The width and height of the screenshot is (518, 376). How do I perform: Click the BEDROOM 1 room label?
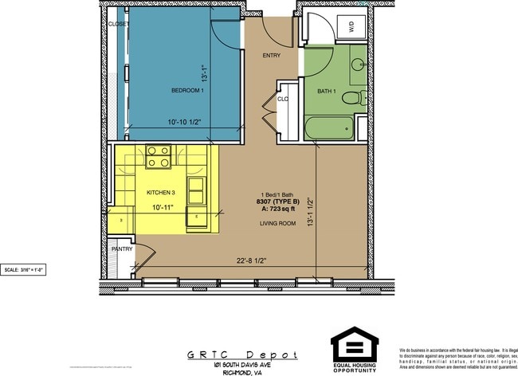point(188,91)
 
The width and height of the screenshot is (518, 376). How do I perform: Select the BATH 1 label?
point(327,92)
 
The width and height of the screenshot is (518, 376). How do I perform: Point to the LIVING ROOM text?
point(278,224)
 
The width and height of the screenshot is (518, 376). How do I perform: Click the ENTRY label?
point(271,56)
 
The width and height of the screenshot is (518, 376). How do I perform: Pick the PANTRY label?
point(121,249)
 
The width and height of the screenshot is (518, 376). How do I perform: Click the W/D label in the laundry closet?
point(350,26)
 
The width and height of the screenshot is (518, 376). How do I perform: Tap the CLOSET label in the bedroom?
point(119,24)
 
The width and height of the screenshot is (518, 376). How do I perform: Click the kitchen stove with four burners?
point(159,156)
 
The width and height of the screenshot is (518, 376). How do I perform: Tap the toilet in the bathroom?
point(352,96)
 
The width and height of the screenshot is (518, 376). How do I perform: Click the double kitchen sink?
point(195,190)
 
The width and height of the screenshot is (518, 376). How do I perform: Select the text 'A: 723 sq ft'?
point(279,209)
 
